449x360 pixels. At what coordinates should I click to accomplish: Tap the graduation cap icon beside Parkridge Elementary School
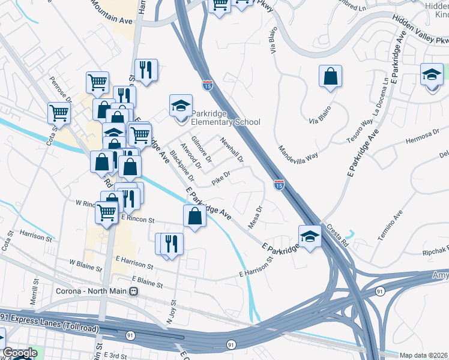tap(181, 106)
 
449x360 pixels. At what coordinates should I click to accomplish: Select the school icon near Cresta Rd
tap(310, 236)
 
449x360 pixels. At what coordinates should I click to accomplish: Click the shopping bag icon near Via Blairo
tap(330, 76)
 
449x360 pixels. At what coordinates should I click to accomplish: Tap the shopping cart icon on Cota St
tap(59, 112)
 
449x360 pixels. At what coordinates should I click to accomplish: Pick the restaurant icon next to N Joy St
tap(172, 243)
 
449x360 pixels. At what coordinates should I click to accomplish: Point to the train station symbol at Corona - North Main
tap(134, 292)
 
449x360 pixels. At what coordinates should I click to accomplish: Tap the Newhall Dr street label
tap(232, 150)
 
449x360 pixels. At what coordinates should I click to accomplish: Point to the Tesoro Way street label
tap(358, 132)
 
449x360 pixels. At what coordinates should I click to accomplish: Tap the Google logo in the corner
tap(19, 353)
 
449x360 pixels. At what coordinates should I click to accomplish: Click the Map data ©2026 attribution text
tap(424, 355)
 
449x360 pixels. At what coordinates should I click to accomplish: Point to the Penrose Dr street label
tap(61, 89)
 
